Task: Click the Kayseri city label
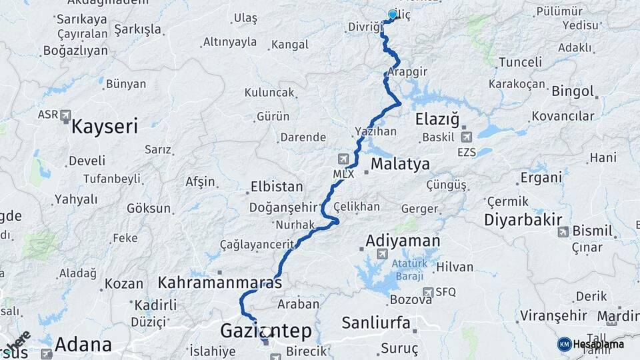pos(105,126)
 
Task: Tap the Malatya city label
pos(400,164)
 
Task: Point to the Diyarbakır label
pos(523,220)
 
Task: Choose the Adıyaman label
pos(403,240)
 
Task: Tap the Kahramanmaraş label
pos(219,283)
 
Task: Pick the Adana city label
pos(83,345)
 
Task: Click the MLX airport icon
pos(343,159)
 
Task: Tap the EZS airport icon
pos(465,137)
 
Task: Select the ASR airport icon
pos(65,115)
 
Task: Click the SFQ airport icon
pos(428,292)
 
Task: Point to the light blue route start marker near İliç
pos(393,15)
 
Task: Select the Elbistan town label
pos(276,187)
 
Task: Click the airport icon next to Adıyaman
pos(382,253)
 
